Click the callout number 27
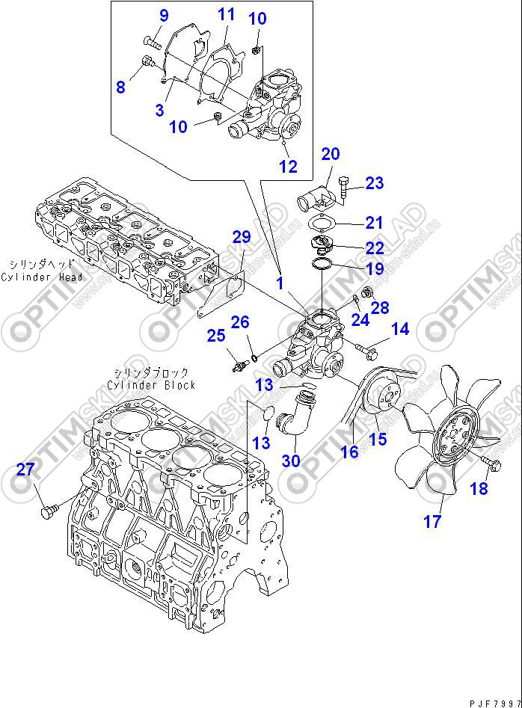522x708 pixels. click(x=25, y=470)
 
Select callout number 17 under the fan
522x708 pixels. click(x=432, y=521)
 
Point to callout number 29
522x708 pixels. click(x=241, y=238)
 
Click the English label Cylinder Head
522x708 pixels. click(x=43, y=277)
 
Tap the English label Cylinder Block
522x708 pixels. click(x=151, y=385)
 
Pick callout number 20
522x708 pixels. click(x=331, y=154)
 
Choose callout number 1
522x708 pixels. click(x=280, y=283)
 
